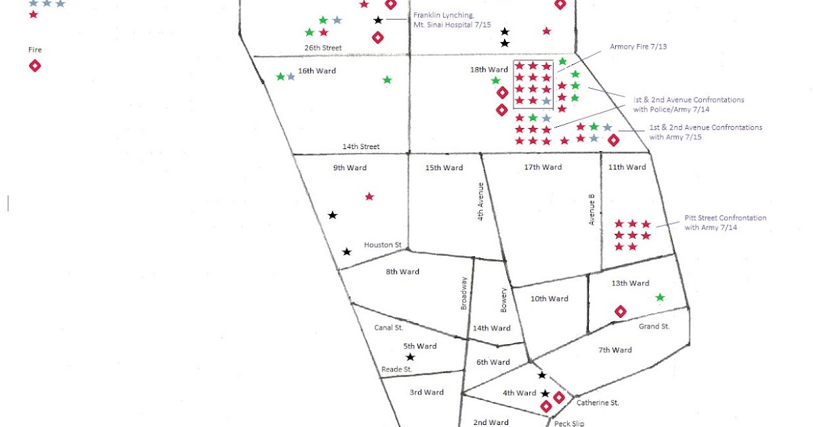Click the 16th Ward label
click(x=317, y=71)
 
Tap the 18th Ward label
click(x=488, y=70)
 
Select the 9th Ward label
click(x=350, y=167)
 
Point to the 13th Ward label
click(x=630, y=283)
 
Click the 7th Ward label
click(x=614, y=350)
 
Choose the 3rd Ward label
click(x=427, y=392)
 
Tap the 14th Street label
click(x=360, y=146)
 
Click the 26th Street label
click(x=322, y=48)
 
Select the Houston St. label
click(x=383, y=245)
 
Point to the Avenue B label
click(x=591, y=209)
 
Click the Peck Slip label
click(x=569, y=423)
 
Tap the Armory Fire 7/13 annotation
click(x=635, y=47)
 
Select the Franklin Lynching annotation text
click(x=444, y=20)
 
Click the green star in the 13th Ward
click(x=660, y=298)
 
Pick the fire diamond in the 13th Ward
click(x=619, y=311)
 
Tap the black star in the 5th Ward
click(x=410, y=357)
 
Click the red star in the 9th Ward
click(x=369, y=197)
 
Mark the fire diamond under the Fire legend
click(x=35, y=66)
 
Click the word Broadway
click(x=464, y=293)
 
